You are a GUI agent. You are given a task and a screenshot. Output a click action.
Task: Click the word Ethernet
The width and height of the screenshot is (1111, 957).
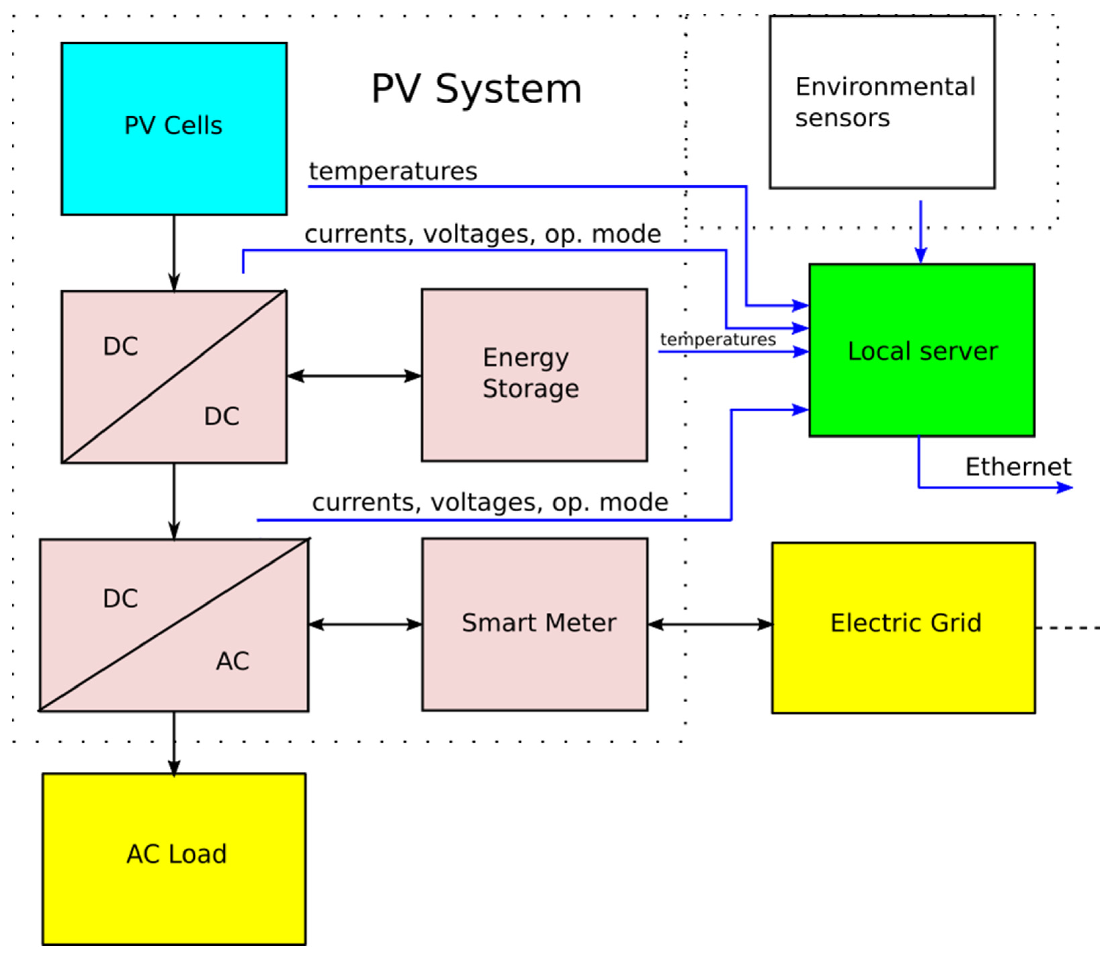[x=1018, y=466]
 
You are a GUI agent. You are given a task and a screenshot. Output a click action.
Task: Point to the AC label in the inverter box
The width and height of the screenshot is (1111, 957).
[x=232, y=661]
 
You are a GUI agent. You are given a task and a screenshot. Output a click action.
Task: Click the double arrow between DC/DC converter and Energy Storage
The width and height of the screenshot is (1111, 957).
[x=354, y=376]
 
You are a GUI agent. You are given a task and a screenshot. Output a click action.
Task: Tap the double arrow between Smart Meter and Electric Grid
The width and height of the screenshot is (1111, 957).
[x=710, y=624]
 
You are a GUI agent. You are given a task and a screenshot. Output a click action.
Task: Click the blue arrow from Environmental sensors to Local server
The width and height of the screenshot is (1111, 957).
[x=921, y=231]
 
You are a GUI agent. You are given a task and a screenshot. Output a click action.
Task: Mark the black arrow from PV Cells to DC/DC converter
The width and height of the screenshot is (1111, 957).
[x=174, y=252]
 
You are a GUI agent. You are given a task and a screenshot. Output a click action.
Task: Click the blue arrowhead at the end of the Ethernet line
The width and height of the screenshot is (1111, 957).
[x=1064, y=487]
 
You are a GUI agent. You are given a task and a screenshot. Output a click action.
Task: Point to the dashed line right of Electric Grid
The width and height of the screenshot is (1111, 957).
[x=1070, y=627]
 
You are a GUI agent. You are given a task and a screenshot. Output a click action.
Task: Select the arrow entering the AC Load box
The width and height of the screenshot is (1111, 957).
[x=174, y=745]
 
